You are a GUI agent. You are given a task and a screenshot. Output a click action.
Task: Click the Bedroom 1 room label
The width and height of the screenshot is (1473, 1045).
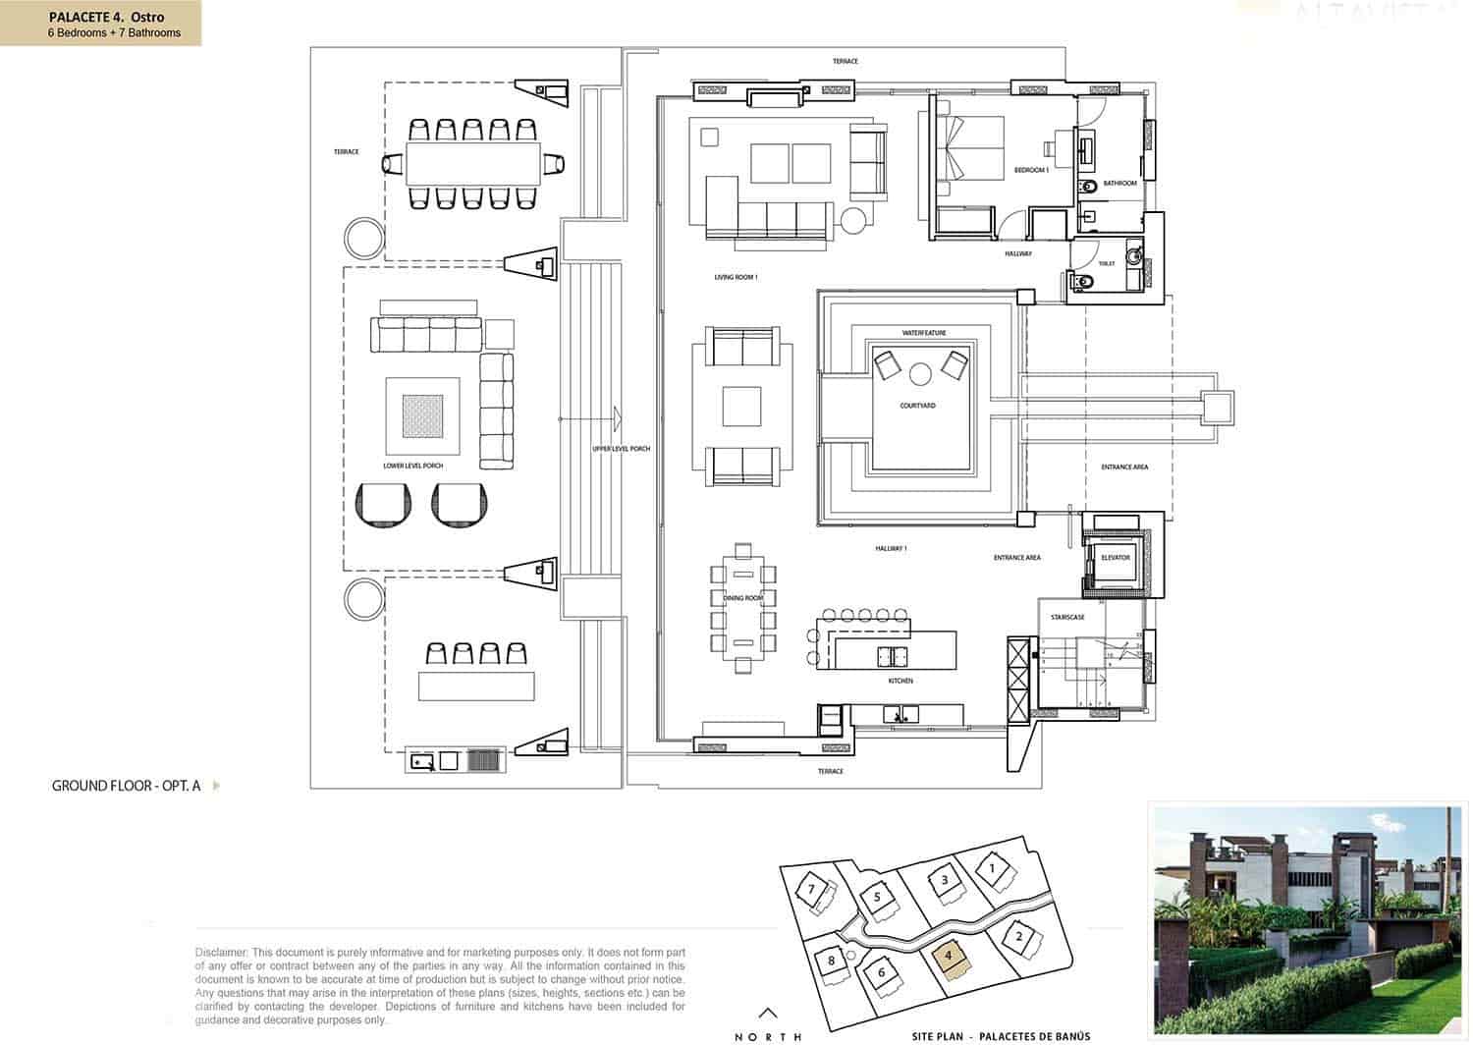pos(1031,171)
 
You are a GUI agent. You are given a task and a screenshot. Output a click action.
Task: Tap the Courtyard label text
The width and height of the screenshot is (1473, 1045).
pos(917,406)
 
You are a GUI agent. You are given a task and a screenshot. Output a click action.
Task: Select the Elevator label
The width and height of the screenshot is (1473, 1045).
pos(1115,558)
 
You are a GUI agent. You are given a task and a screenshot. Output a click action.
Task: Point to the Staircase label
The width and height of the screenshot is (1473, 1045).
pos(1067,617)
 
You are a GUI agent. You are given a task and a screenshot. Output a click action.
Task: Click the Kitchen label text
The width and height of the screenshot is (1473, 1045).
pos(900,681)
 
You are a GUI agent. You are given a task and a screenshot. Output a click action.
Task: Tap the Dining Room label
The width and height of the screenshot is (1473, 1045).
pos(743,598)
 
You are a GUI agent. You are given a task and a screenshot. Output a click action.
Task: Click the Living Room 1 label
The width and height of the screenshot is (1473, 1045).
pos(736,278)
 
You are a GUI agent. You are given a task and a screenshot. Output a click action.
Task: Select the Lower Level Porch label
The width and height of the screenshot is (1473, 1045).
pos(412,466)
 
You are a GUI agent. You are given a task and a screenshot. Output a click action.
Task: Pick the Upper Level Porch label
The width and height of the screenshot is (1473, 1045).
pos(621,449)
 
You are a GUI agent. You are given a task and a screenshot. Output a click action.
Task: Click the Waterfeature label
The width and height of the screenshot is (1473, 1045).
pos(924,333)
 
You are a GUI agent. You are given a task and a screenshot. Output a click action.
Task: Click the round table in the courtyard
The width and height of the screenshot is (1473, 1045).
pos(920,373)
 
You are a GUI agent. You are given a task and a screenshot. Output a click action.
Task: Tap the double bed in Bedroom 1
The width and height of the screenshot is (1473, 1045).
pos(972,149)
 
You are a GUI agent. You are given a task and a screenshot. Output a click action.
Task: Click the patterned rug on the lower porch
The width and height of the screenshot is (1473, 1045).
pos(422,416)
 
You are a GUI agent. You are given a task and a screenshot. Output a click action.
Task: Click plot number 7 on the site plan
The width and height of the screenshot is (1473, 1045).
pos(811,890)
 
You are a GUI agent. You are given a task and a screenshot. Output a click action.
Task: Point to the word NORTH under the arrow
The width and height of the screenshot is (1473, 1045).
pos(769,1036)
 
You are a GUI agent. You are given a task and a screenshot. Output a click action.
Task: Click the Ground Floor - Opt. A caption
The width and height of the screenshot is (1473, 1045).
pos(127,786)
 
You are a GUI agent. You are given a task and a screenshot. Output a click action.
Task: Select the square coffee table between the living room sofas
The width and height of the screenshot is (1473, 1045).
pos(741,407)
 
